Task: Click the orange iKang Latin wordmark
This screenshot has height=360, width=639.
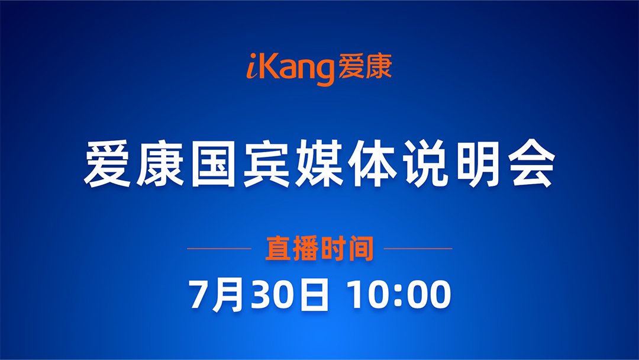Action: (x=290, y=67)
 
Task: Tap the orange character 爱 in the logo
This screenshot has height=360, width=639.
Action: (x=351, y=66)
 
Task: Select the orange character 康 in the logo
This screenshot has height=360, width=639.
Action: (x=379, y=66)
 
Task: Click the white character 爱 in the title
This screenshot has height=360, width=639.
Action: (x=108, y=164)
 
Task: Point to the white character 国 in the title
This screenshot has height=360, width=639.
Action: (x=213, y=164)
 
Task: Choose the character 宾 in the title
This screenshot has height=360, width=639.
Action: (x=266, y=164)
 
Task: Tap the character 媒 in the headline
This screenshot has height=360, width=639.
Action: (x=319, y=164)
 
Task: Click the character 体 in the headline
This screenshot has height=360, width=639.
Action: (x=372, y=164)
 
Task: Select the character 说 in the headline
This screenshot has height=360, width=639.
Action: (x=425, y=164)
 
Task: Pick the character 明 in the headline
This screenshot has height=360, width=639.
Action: (x=477, y=164)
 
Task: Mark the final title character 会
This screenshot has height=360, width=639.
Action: (x=531, y=164)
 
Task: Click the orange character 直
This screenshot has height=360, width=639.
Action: (x=278, y=248)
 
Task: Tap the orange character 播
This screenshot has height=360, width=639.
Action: (x=306, y=248)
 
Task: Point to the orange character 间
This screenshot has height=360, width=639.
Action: (x=361, y=248)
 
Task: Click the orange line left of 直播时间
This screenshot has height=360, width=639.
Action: (x=219, y=248)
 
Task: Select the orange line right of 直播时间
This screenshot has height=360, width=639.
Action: (x=418, y=248)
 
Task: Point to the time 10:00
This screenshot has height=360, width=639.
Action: (x=399, y=294)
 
